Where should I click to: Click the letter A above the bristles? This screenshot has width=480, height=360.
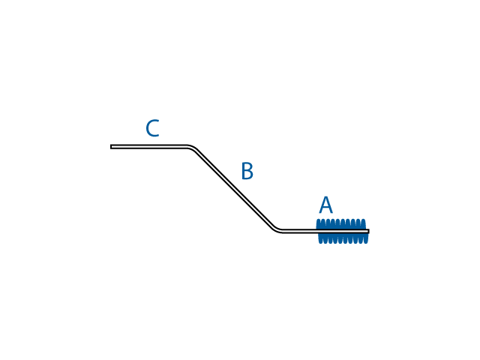(325, 205)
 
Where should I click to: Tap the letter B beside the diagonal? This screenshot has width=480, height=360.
(247, 172)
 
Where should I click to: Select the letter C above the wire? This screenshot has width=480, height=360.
(152, 129)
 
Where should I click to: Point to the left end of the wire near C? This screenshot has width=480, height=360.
(112, 146)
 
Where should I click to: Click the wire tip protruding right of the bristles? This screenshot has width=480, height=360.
(367, 231)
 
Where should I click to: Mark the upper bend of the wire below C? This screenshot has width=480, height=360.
(192, 148)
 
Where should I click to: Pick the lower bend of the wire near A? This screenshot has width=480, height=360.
(277, 229)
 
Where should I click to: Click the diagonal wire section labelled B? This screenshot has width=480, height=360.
(234, 188)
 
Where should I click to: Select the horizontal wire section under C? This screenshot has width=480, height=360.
(150, 146)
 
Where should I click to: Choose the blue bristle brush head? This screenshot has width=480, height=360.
(342, 231)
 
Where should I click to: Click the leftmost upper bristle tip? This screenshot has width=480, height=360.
(319, 220)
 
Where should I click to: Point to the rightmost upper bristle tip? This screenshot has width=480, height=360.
(364, 220)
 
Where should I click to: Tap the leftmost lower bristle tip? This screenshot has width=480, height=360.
(321, 242)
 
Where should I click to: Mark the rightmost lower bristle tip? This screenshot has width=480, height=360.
(366, 242)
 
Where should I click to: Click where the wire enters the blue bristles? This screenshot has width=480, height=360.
(317, 231)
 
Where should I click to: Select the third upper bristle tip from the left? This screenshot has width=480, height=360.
(330, 220)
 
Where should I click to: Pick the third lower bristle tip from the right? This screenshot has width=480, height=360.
(355, 242)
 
